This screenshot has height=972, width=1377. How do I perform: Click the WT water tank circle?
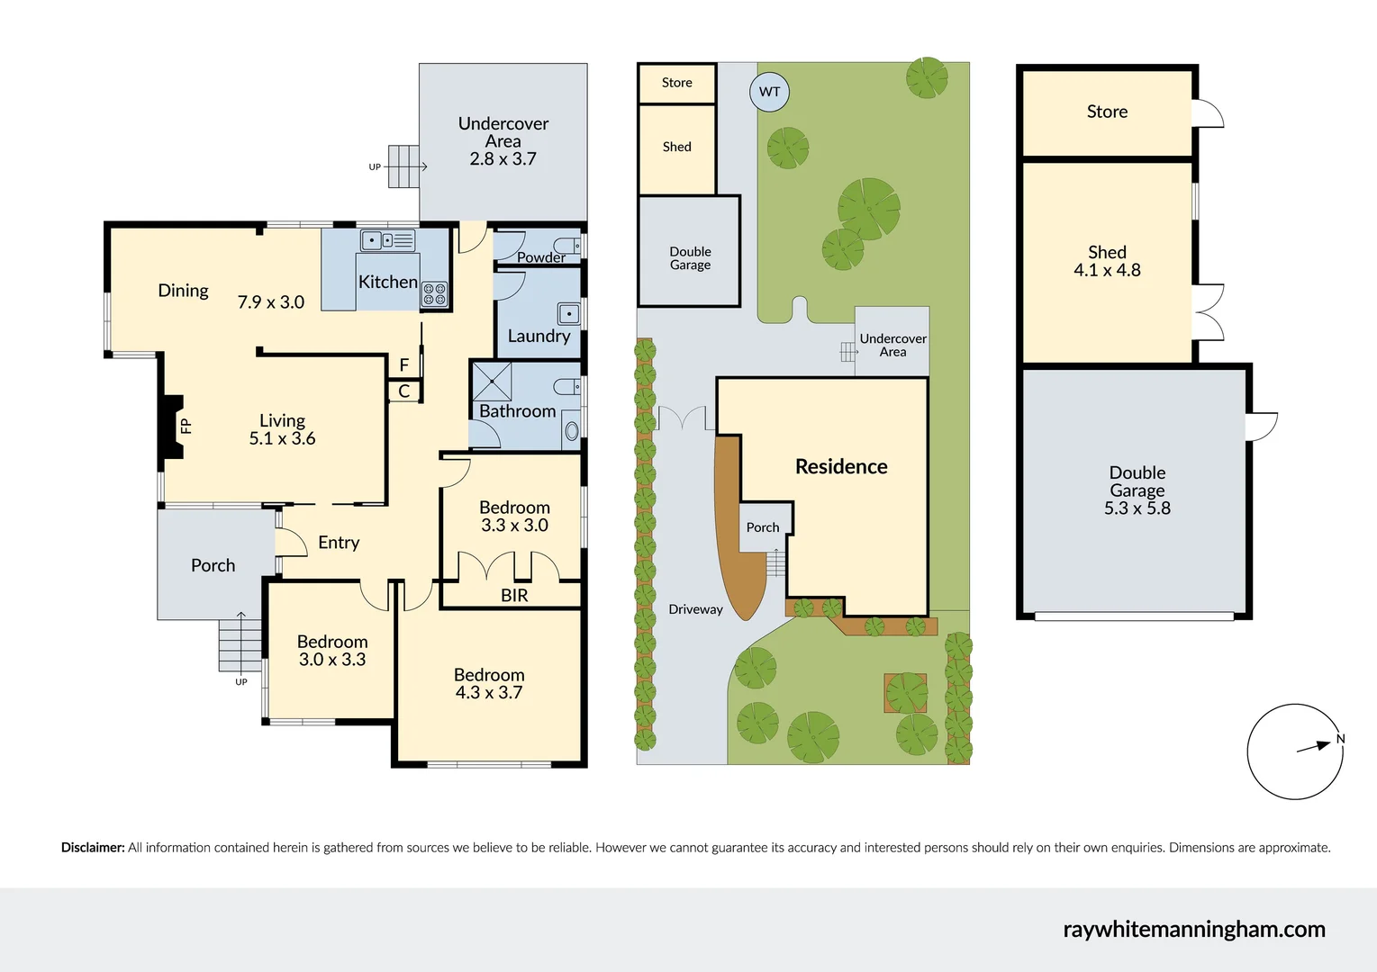click(x=769, y=92)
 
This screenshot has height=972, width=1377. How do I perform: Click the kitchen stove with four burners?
click(x=434, y=293)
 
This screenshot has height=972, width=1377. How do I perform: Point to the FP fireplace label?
click(x=186, y=426)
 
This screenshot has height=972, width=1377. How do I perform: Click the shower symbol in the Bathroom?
click(x=492, y=382)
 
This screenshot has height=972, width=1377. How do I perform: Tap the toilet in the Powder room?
click(x=566, y=246)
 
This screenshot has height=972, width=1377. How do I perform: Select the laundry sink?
click(x=568, y=314)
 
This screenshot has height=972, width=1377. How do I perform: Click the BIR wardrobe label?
click(x=514, y=596)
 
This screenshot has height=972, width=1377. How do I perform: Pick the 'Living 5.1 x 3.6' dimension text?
click(x=282, y=429)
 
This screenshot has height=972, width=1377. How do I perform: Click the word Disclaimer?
click(x=93, y=848)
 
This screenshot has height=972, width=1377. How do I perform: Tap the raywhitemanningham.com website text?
click(x=1193, y=929)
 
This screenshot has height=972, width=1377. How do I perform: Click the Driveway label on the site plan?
click(x=695, y=609)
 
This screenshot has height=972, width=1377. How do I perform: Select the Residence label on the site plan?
click(x=841, y=466)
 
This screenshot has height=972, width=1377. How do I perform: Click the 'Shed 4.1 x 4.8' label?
click(x=1107, y=261)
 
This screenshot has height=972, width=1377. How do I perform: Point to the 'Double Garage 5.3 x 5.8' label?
click(x=1137, y=490)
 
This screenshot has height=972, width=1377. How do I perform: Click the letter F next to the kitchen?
click(x=404, y=364)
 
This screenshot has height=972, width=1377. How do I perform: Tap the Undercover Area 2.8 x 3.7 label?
click(x=503, y=141)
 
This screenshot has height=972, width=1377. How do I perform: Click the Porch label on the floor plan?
click(x=213, y=565)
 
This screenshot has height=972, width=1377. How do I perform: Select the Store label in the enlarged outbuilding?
click(x=1107, y=112)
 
